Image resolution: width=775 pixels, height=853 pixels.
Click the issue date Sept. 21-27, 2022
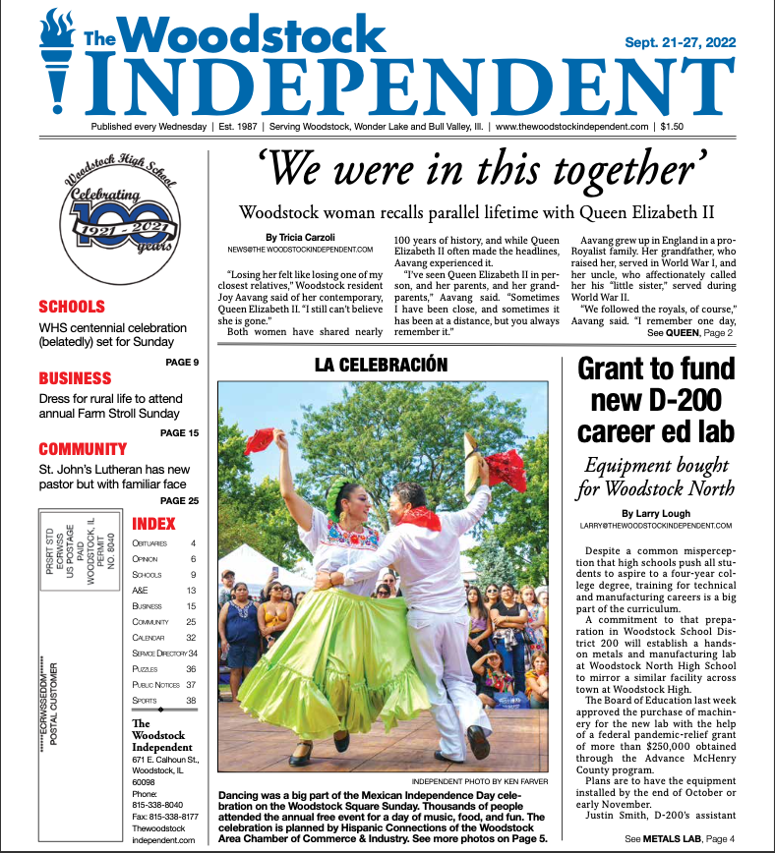681,42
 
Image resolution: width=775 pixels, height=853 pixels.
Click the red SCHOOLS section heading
72,307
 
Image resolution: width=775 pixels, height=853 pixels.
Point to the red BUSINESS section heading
75,378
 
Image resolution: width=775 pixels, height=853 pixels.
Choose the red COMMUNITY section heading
83,449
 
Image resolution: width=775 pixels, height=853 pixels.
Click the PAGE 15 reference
179,432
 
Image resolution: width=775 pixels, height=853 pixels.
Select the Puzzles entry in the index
146,668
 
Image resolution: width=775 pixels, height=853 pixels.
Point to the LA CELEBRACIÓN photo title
381,365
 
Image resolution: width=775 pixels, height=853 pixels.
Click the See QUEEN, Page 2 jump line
690,333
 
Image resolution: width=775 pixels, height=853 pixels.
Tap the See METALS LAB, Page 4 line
679,837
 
